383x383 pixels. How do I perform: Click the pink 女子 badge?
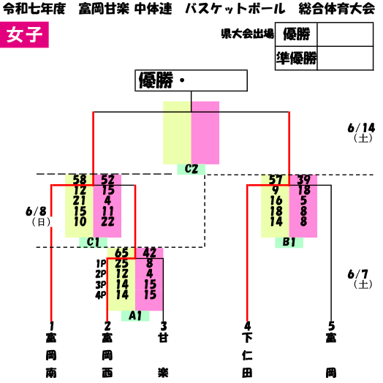[x=24, y=34]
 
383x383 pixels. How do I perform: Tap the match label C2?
[x=191, y=169]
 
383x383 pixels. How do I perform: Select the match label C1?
[x=93, y=243]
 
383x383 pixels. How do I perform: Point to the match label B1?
[x=289, y=243]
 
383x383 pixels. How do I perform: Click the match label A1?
[x=135, y=316]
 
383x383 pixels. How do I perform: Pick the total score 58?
[x=80, y=180]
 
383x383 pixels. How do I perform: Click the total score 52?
[x=107, y=180]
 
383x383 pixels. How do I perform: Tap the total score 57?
[x=276, y=180]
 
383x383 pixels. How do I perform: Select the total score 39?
[x=303, y=180]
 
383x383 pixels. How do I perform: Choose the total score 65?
[x=121, y=253]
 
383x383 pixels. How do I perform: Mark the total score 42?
[x=150, y=253]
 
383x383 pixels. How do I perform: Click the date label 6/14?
[x=362, y=128]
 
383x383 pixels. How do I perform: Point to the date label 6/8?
[x=36, y=211]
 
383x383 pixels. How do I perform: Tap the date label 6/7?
[x=358, y=275]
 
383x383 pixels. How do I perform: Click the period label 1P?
[x=101, y=264]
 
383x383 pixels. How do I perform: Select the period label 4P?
[x=101, y=295]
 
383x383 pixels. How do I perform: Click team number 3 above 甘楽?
[x=164, y=326]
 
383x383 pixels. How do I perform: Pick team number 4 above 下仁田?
[x=248, y=326]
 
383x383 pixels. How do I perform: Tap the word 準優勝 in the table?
[x=296, y=58]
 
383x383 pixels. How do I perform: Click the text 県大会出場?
[x=247, y=34]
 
